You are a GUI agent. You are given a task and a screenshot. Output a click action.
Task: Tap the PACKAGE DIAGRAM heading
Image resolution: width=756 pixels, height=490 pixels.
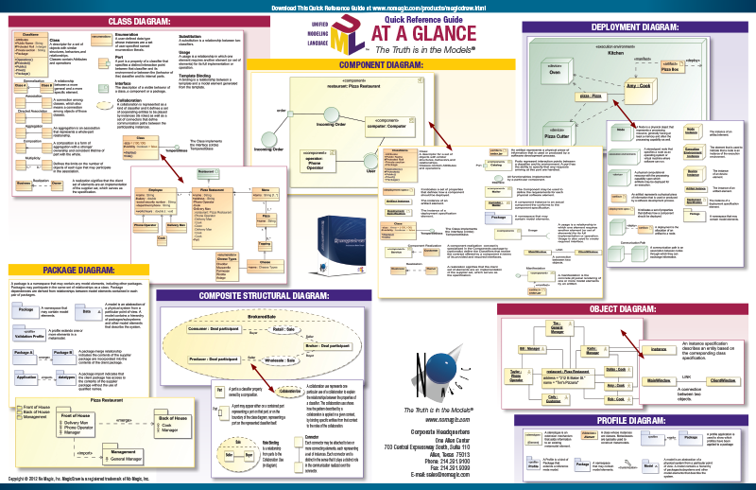click(73, 270)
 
